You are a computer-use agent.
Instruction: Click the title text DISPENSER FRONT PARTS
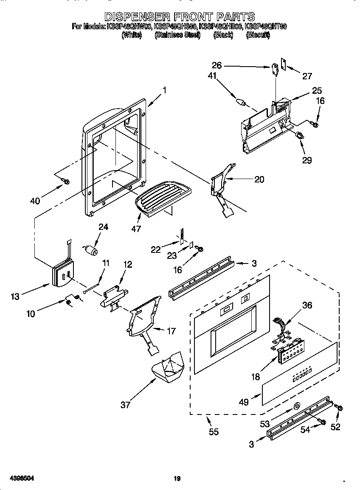coord(180,17)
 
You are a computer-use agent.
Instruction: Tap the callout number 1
coord(164,90)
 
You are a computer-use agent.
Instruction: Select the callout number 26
coord(217,66)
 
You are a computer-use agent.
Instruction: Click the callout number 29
coord(307,160)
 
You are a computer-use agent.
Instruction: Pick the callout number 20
coord(259,179)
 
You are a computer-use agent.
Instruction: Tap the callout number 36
coord(307,305)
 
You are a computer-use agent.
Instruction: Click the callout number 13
coord(15,297)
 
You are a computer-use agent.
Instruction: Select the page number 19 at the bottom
coord(177,479)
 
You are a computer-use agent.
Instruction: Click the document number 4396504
coord(22,479)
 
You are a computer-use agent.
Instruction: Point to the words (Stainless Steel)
coord(177,35)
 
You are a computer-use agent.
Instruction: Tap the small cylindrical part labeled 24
coord(91,250)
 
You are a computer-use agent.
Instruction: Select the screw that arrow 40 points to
coord(65,181)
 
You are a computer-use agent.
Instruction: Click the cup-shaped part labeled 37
coord(169,368)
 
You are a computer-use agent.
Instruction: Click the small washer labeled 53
coord(296,408)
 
